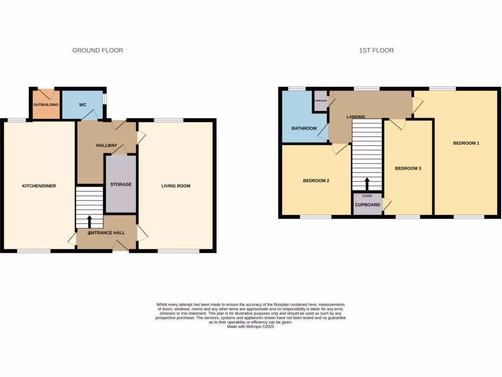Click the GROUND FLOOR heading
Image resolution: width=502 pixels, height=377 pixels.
tap(98, 50)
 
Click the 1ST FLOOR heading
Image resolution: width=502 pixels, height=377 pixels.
tap(376, 50)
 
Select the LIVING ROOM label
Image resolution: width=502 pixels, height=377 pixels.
tap(176, 186)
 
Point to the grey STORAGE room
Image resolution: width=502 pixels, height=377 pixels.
tap(121, 184)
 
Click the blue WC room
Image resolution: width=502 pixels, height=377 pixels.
tap(82, 105)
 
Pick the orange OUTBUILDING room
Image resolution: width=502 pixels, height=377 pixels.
tap(46, 105)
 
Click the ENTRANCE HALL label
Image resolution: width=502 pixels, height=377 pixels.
tap(106, 233)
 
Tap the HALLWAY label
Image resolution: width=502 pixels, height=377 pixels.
tap(106, 145)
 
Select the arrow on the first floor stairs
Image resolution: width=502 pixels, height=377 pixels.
tap(367, 184)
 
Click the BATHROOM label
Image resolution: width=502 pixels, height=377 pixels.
tap(304, 129)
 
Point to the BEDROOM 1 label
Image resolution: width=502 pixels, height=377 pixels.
tap(466, 143)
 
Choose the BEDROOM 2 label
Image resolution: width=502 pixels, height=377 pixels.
tap(316, 181)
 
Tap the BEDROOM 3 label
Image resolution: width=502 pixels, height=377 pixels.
tap(408, 168)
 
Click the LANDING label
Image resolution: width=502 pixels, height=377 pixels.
tap(355, 117)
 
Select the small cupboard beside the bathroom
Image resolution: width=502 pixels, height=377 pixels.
tap(321, 101)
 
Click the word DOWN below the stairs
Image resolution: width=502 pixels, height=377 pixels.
tap(367, 196)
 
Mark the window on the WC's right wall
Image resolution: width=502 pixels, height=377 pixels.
tap(104, 98)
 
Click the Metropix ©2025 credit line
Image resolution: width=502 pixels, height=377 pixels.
tap(251, 326)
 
